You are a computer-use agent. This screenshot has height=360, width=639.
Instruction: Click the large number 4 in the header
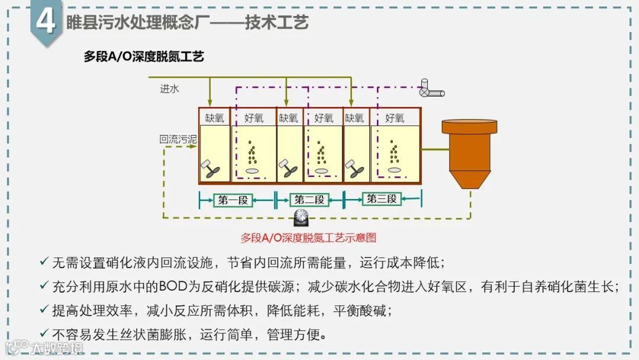[46, 22]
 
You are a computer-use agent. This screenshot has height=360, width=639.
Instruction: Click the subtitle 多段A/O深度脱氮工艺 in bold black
[144, 57]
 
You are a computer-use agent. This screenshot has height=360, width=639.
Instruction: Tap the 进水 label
[169, 89]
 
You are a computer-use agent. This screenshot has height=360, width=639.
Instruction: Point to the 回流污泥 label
[177, 140]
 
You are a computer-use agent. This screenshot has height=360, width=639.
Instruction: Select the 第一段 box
[233, 200]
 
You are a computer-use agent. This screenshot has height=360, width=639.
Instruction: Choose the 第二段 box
[309, 200]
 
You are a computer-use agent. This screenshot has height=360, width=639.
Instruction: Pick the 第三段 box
[381, 199]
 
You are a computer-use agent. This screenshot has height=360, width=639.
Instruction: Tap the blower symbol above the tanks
[431, 89]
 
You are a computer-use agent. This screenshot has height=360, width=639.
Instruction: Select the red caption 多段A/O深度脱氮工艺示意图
[308, 238]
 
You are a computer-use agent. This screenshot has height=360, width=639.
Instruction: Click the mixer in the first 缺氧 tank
[211, 168]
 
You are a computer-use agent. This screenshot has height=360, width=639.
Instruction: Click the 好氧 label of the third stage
[395, 118]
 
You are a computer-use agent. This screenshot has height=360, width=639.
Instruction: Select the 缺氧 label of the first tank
[214, 118]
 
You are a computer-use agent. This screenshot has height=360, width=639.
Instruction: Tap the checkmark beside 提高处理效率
[44, 309]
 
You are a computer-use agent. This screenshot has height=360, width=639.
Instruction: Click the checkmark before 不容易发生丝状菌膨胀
[44, 333]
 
